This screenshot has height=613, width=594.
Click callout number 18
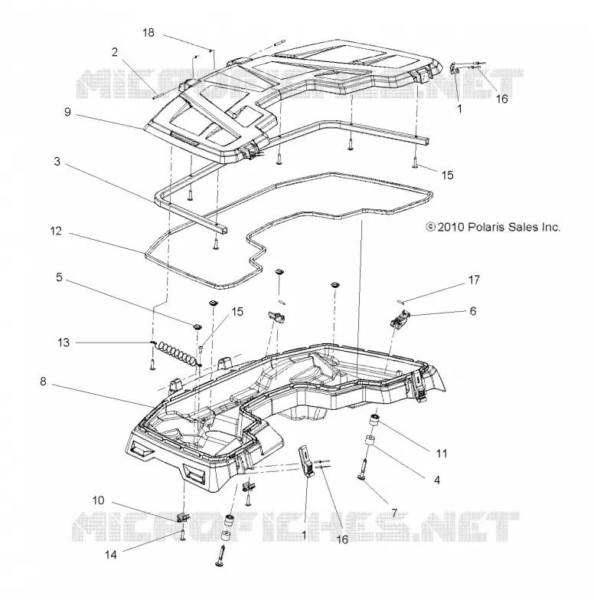pyautogui.click(x=148, y=32)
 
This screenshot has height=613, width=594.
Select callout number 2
pyautogui.click(x=114, y=52)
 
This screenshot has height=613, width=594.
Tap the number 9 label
pyautogui.click(x=67, y=112)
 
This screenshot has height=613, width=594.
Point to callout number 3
pyautogui.click(x=57, y=161)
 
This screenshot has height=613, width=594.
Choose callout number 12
pyautogui.click(x=56, y=231)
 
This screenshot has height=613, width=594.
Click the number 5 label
pyautogui.click(x=59, y=277)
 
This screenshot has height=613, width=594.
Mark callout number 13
pyautogui.click(x=64, y=343)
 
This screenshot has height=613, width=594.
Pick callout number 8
pyautogui.click(x=43, y=381)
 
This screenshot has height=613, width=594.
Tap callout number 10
pyautogui.click(x=99, y=500)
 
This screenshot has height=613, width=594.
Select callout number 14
pyautogui.click(x=110, y=554)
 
